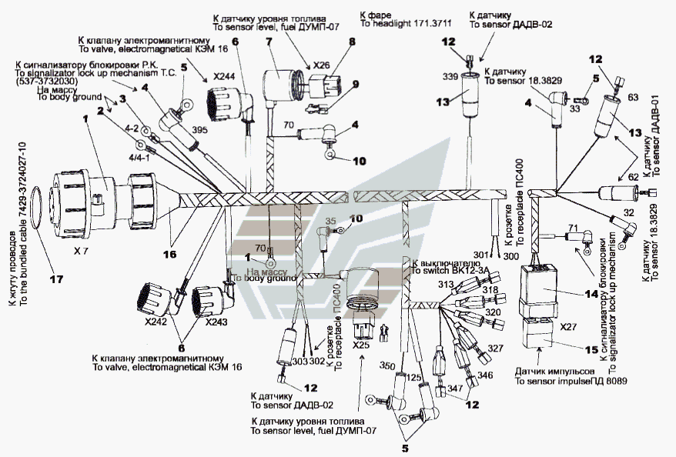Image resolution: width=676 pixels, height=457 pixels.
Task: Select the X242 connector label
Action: click(x=155, y=323)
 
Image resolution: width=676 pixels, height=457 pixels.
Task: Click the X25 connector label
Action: click(x=361, y=346)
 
